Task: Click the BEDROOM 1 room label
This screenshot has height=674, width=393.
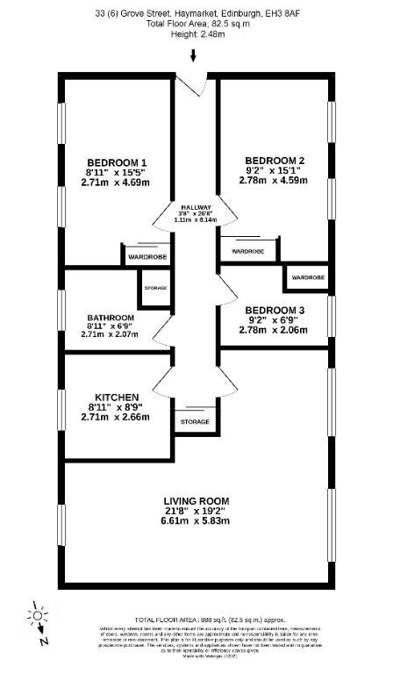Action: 116,162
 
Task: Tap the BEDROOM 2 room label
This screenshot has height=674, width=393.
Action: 275,160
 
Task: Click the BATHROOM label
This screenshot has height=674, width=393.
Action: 111,318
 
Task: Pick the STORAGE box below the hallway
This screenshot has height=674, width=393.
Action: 195,422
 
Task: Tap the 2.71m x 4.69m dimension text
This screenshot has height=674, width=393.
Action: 116,183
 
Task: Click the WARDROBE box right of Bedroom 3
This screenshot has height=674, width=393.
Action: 307,277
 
